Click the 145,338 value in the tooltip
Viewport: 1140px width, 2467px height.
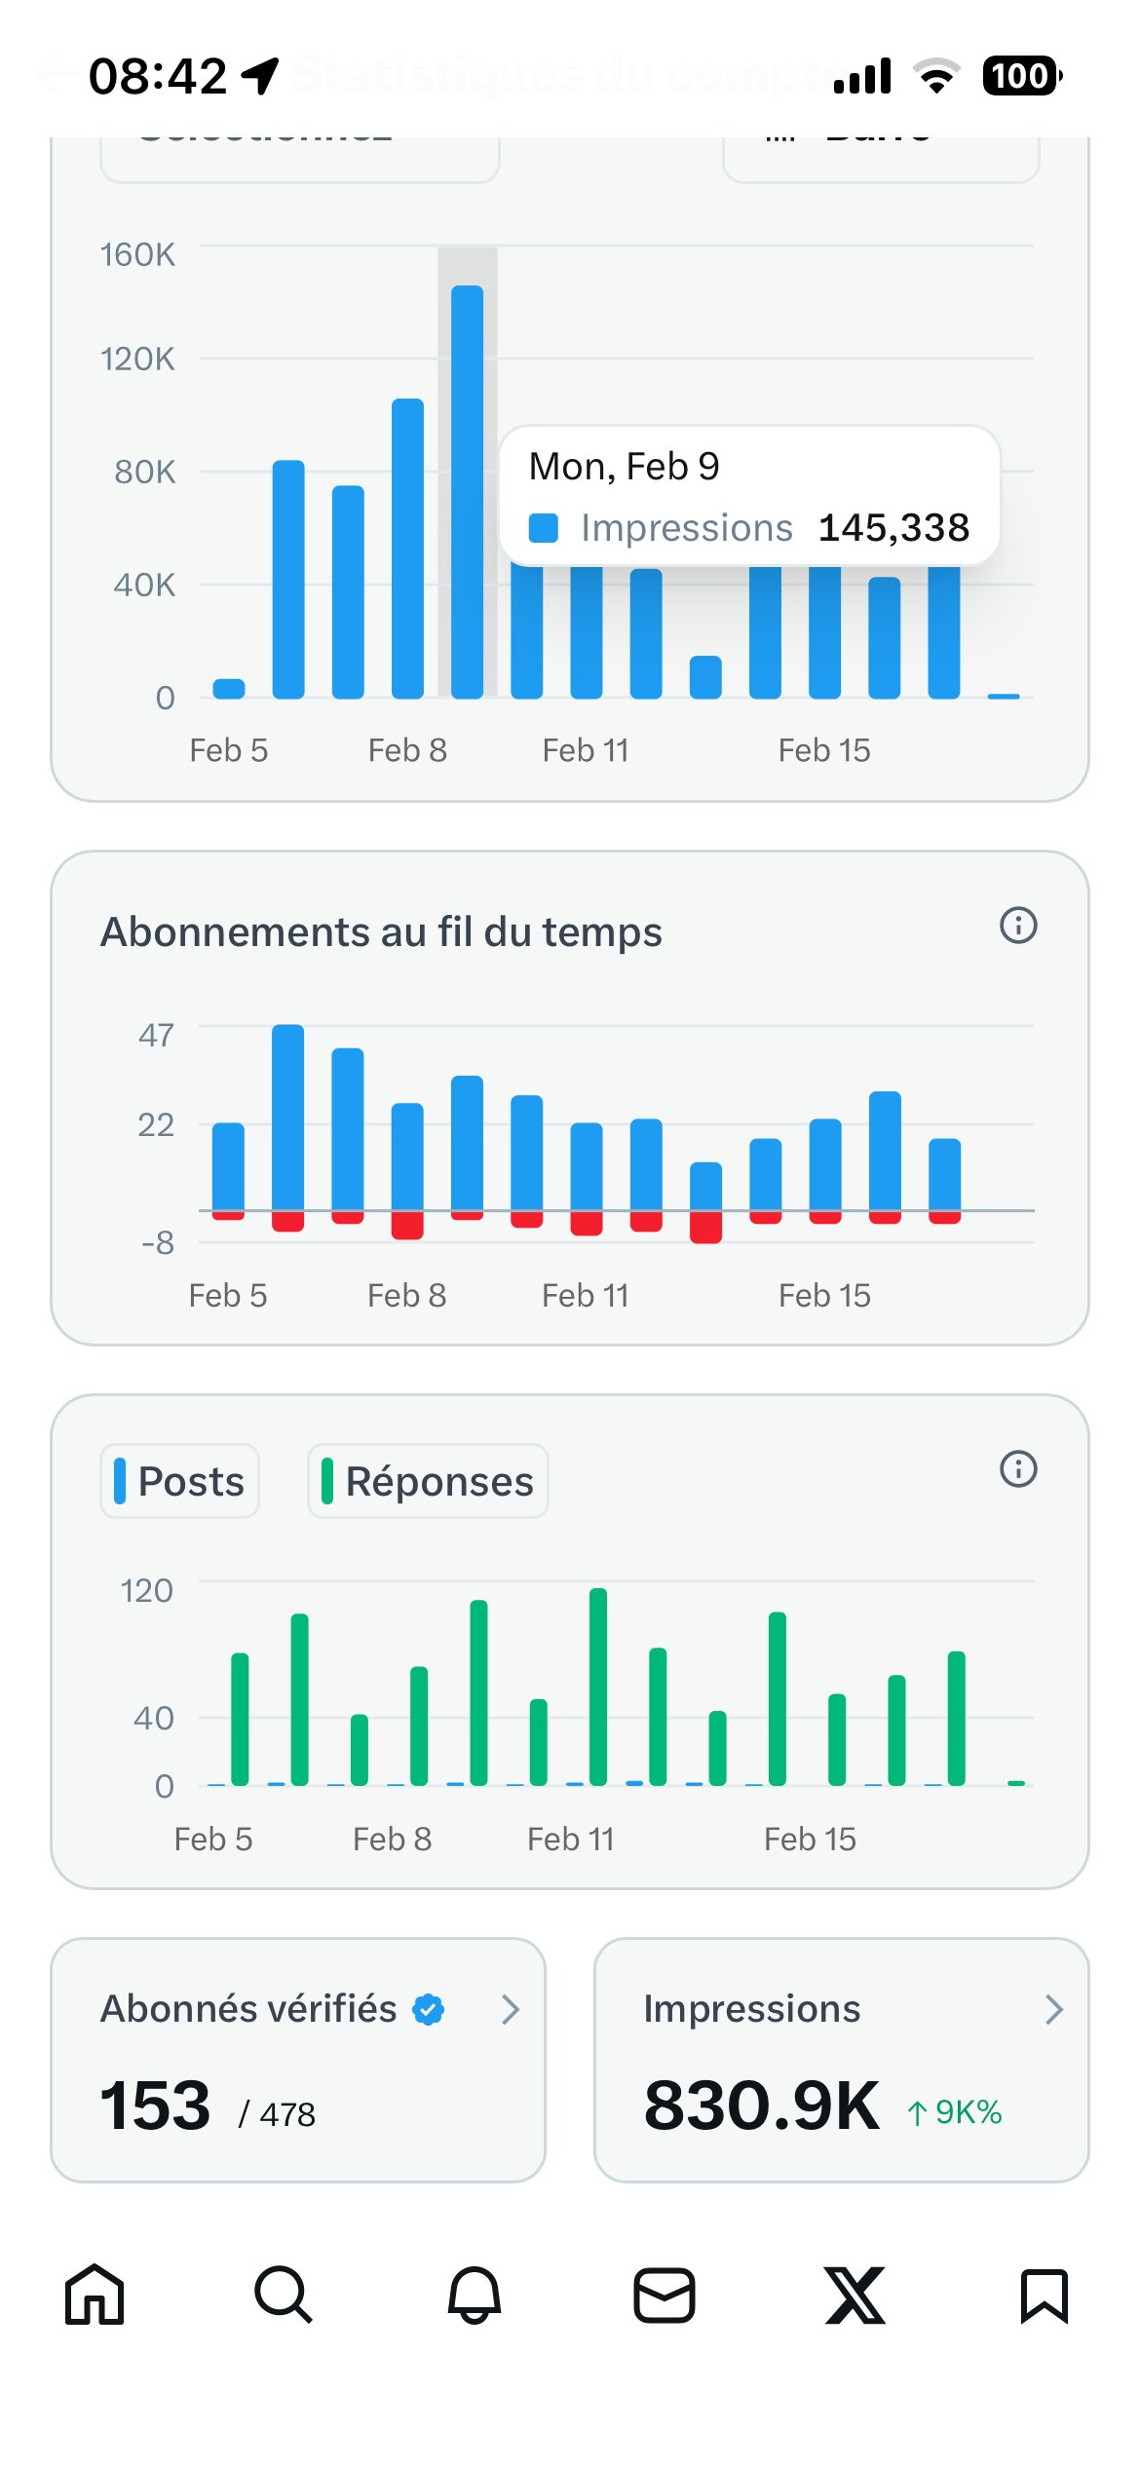coord(893,528)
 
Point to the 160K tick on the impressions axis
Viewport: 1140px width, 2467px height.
coord(137,254)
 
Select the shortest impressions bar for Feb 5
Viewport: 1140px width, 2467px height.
coord(229,689)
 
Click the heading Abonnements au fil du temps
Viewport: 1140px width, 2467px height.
coord(381,932)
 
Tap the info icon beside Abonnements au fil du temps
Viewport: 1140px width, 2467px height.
coord(1018,925)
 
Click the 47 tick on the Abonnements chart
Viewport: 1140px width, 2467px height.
coord(156,1035)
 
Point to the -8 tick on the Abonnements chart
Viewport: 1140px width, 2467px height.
coord(158,1243)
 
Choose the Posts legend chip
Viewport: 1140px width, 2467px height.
coord(180,1481)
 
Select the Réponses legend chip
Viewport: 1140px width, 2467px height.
coord(428,1481)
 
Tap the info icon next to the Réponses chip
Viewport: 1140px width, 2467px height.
coord(1018,1468)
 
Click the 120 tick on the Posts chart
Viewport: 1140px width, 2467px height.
coord(146,1591)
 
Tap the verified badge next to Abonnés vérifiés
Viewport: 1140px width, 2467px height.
coord(428,2009)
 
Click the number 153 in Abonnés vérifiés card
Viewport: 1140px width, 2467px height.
coord(156,2106)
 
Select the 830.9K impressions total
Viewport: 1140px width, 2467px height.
coord(761,2106)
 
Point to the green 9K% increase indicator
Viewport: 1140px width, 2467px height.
coord(955,2112)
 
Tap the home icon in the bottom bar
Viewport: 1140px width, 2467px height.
coord(95,2295)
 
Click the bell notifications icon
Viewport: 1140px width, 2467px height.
coord(474,2295)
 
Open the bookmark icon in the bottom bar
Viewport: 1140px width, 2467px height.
coord(1044,2295)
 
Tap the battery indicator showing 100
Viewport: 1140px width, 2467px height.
coord(1020,76)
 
